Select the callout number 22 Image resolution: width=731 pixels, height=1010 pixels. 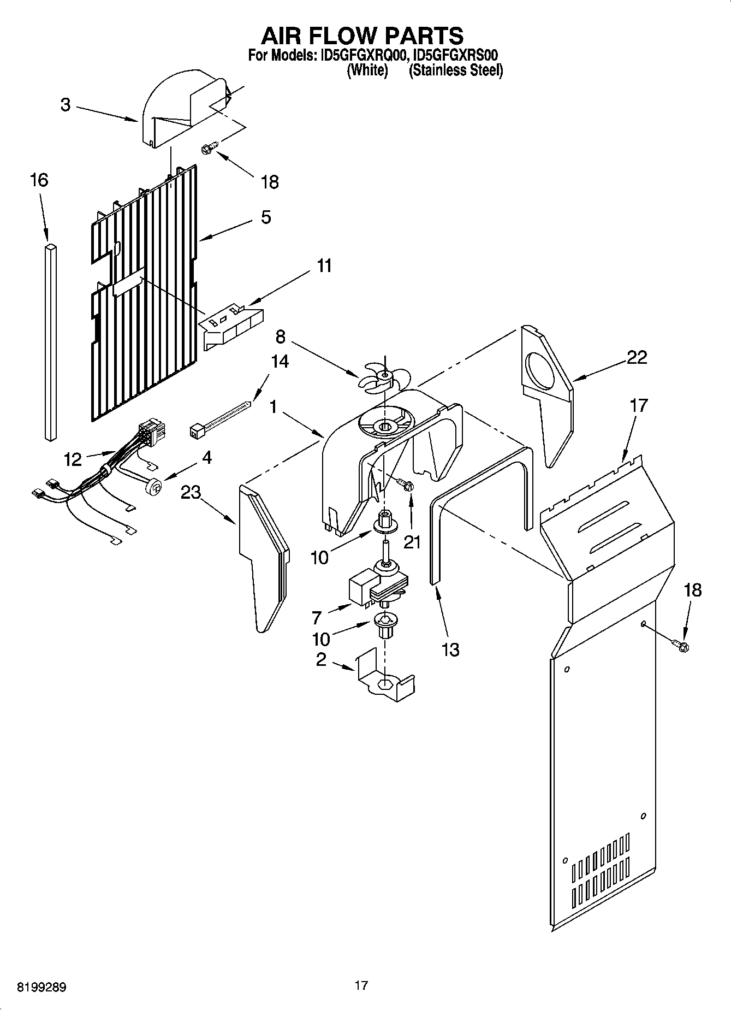637,357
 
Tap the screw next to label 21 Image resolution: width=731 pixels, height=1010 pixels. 406,485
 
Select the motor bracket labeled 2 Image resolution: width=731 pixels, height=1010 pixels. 384,677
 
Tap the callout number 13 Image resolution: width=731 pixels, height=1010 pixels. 450,649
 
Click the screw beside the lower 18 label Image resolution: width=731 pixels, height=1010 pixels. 682,646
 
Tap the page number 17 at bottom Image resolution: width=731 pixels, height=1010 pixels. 361,985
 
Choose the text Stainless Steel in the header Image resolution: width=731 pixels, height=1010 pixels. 456,70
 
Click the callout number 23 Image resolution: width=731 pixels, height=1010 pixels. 191,493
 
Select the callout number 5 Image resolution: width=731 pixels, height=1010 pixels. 265,217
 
